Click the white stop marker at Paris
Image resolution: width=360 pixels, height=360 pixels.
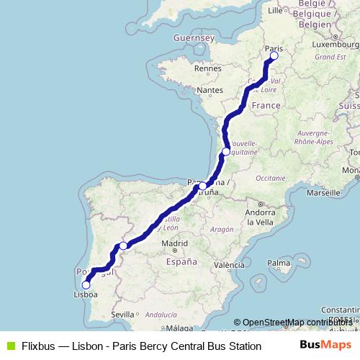[x=273, y=55]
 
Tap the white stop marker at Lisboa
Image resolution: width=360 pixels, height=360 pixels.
[x=86, y=284]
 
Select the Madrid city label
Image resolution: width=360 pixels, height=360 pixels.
[x=174, y=244]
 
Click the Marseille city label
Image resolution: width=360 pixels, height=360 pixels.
[x=322, y=193]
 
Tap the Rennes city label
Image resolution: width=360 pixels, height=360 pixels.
[x=207, y=69]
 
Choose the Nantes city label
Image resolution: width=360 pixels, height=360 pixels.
[x=210, y=90]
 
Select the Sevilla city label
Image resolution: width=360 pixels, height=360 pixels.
[x=122, y=314]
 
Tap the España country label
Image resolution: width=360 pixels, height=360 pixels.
[x=181, y=263]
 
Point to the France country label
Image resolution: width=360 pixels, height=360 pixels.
[x=266, y=105]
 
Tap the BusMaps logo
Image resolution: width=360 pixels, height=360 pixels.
[x=328, y=345]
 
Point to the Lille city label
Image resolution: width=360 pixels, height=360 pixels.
[x=275, y=11]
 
